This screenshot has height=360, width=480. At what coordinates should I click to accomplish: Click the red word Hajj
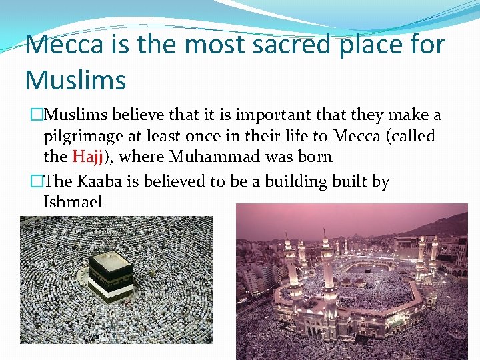[x=87, y=157]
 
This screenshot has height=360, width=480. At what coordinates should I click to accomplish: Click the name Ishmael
[x=73, y=201]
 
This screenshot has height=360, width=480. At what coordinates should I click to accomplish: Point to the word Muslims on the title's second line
[x=75, y=80]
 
